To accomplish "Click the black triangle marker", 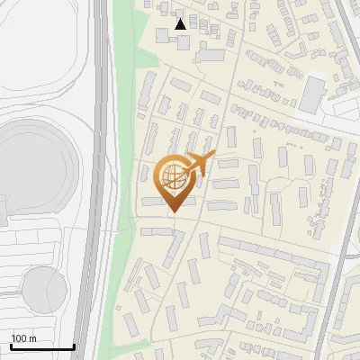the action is (x=181, y=24).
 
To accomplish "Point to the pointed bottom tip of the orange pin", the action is (x=172, y=211).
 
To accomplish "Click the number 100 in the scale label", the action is (x=19, y=338).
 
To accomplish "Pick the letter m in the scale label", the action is (x=33, y=338).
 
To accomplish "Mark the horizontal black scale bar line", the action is (x=42, y=346).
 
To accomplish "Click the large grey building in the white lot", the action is (x=312, y=94).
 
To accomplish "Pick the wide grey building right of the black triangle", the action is (x=210, y=56).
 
